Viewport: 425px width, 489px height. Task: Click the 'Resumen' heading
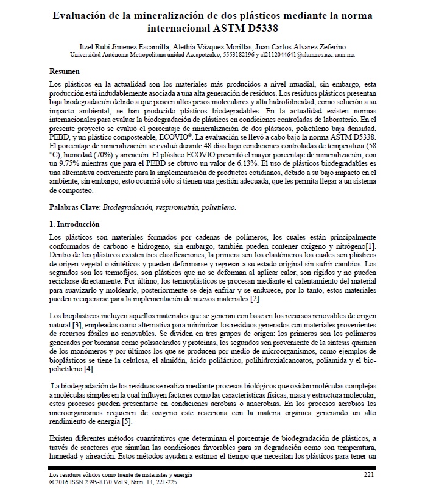click(65, 71)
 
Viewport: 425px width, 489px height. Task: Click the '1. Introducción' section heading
click(76, 224)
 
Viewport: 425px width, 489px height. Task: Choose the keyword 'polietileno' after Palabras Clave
click(219, 207)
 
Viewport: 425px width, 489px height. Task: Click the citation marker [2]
click(256, 300)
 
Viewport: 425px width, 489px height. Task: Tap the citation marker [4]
click(88, 369)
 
